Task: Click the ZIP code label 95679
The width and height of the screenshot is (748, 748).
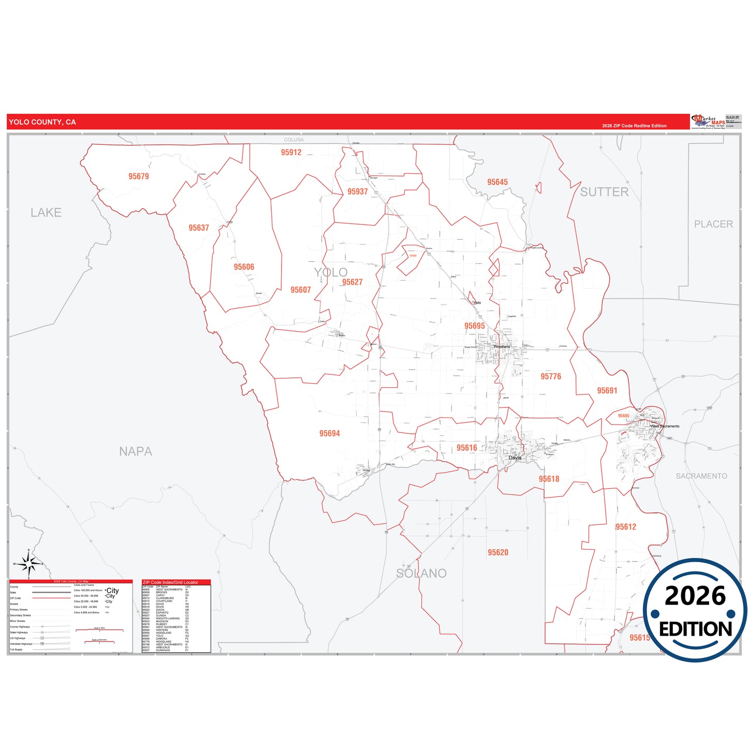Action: click(x=139, y=177)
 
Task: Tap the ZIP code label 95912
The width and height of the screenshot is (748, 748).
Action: click(x=291, y=152)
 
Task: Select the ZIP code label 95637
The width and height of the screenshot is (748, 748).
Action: click(x=199, y=228)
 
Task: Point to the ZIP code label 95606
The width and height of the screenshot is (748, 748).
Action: click(x=244, y=267)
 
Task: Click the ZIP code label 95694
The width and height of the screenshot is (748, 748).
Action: click(x=330, y=433)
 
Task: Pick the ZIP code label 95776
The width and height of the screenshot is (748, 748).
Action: click(x=551, y=376)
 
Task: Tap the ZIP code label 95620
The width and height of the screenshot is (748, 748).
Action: click(x=498, y=552)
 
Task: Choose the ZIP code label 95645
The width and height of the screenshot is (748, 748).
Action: click(x=497, y=182)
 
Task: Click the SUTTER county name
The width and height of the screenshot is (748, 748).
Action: click(x=604, y=192)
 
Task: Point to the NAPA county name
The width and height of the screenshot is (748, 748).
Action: click(x=136, y=451)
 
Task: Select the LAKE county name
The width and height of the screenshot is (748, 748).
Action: click(x=46, y=212)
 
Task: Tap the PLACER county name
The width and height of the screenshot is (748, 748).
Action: click(x=713, y=224)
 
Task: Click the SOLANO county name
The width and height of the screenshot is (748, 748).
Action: click(x=421, y=573)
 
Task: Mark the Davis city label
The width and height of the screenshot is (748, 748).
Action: click(x=515, y=458)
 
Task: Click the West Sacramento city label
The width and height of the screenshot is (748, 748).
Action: click(x=665, y=426)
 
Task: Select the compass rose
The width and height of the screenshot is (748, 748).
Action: click(x=30, y=564)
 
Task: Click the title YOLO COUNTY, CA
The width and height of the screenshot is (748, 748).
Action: click(x=42, y=122)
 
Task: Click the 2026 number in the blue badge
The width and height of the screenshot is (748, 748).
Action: click(x=695, y=596)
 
